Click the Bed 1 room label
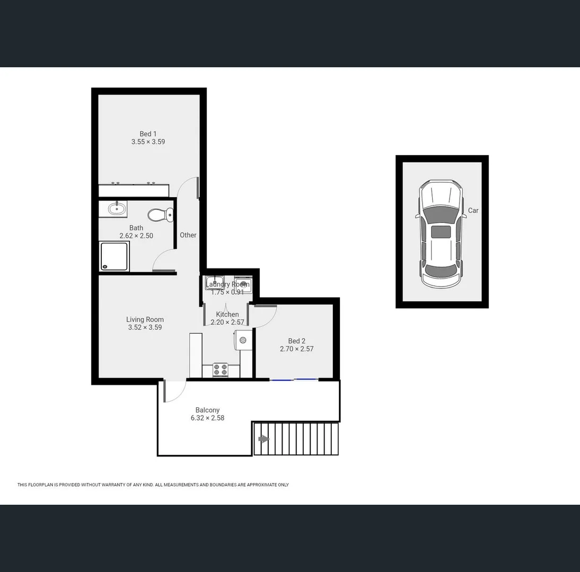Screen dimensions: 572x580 point(148,134)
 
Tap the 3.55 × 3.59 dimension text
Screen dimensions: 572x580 point(148,142)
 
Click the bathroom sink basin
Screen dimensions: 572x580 point(117,209)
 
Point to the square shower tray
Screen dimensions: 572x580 point(114,256)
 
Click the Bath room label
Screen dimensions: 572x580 point(136,228)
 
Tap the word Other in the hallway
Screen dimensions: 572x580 point(188,235)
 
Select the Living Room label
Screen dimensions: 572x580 point(145,319)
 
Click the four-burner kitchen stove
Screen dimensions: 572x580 point(220,370)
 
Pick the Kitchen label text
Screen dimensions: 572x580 point(227,315)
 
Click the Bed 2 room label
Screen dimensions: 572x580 point(296,341)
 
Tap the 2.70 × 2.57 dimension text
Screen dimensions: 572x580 point(296,349)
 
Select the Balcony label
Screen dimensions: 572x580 point(207,410)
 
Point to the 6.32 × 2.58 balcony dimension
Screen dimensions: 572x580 point(207,418)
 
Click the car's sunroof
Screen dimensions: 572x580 point(441,231)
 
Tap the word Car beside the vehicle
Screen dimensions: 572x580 point(473,210)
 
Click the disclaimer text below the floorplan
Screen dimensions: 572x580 point(153,485)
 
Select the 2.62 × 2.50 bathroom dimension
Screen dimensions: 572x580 point(136,236)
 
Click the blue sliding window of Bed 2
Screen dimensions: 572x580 point(294,379)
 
